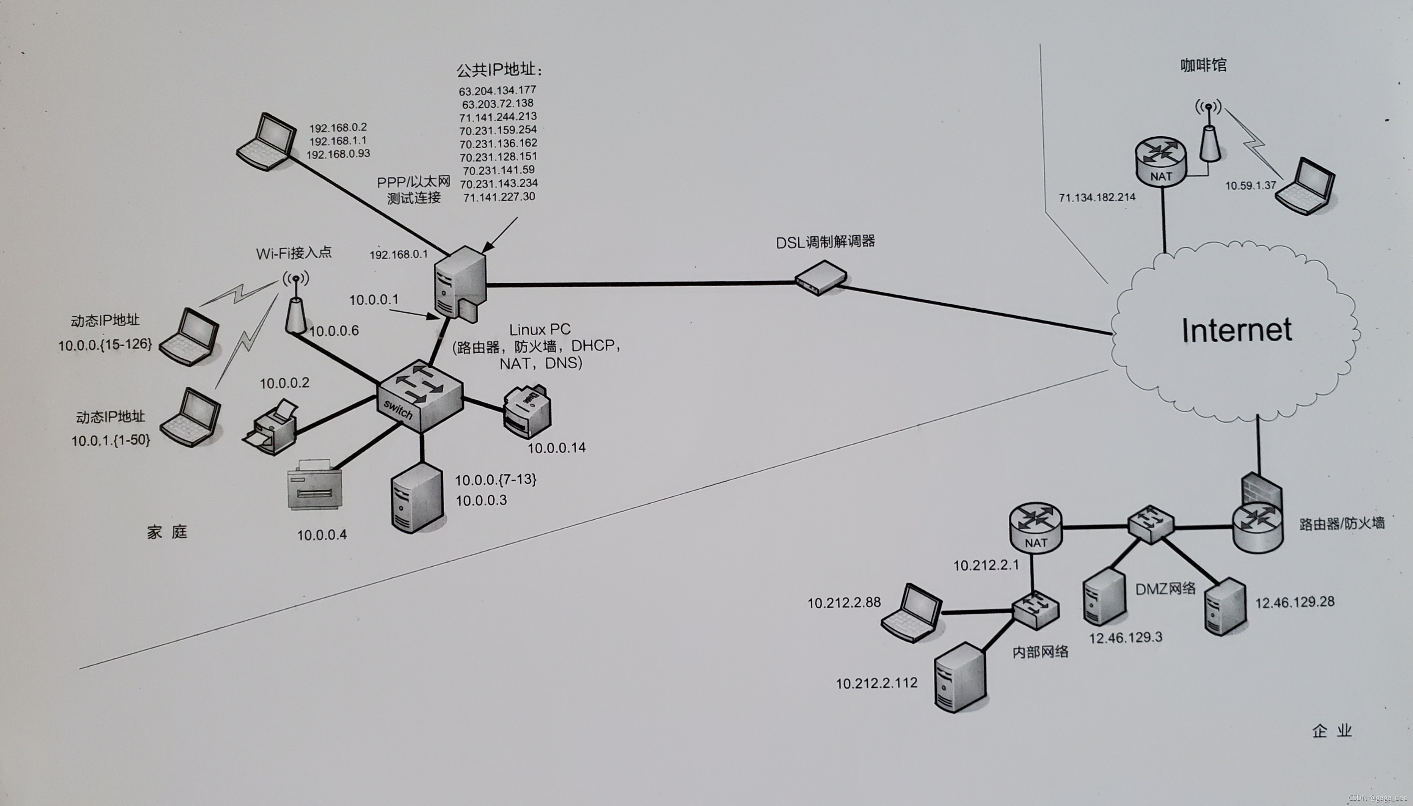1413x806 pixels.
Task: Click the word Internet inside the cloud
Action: tap(1236, 330)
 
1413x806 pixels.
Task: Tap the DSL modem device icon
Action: tap(821, 278)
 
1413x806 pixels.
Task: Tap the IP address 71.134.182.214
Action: tap(1097, 197)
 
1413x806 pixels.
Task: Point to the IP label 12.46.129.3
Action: tap(1125, 638)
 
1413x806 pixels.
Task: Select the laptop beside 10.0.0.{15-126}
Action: tap(189, 338)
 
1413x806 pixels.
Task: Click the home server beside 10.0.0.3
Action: tap(417, 498)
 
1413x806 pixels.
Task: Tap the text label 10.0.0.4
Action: tap(322, 535)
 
